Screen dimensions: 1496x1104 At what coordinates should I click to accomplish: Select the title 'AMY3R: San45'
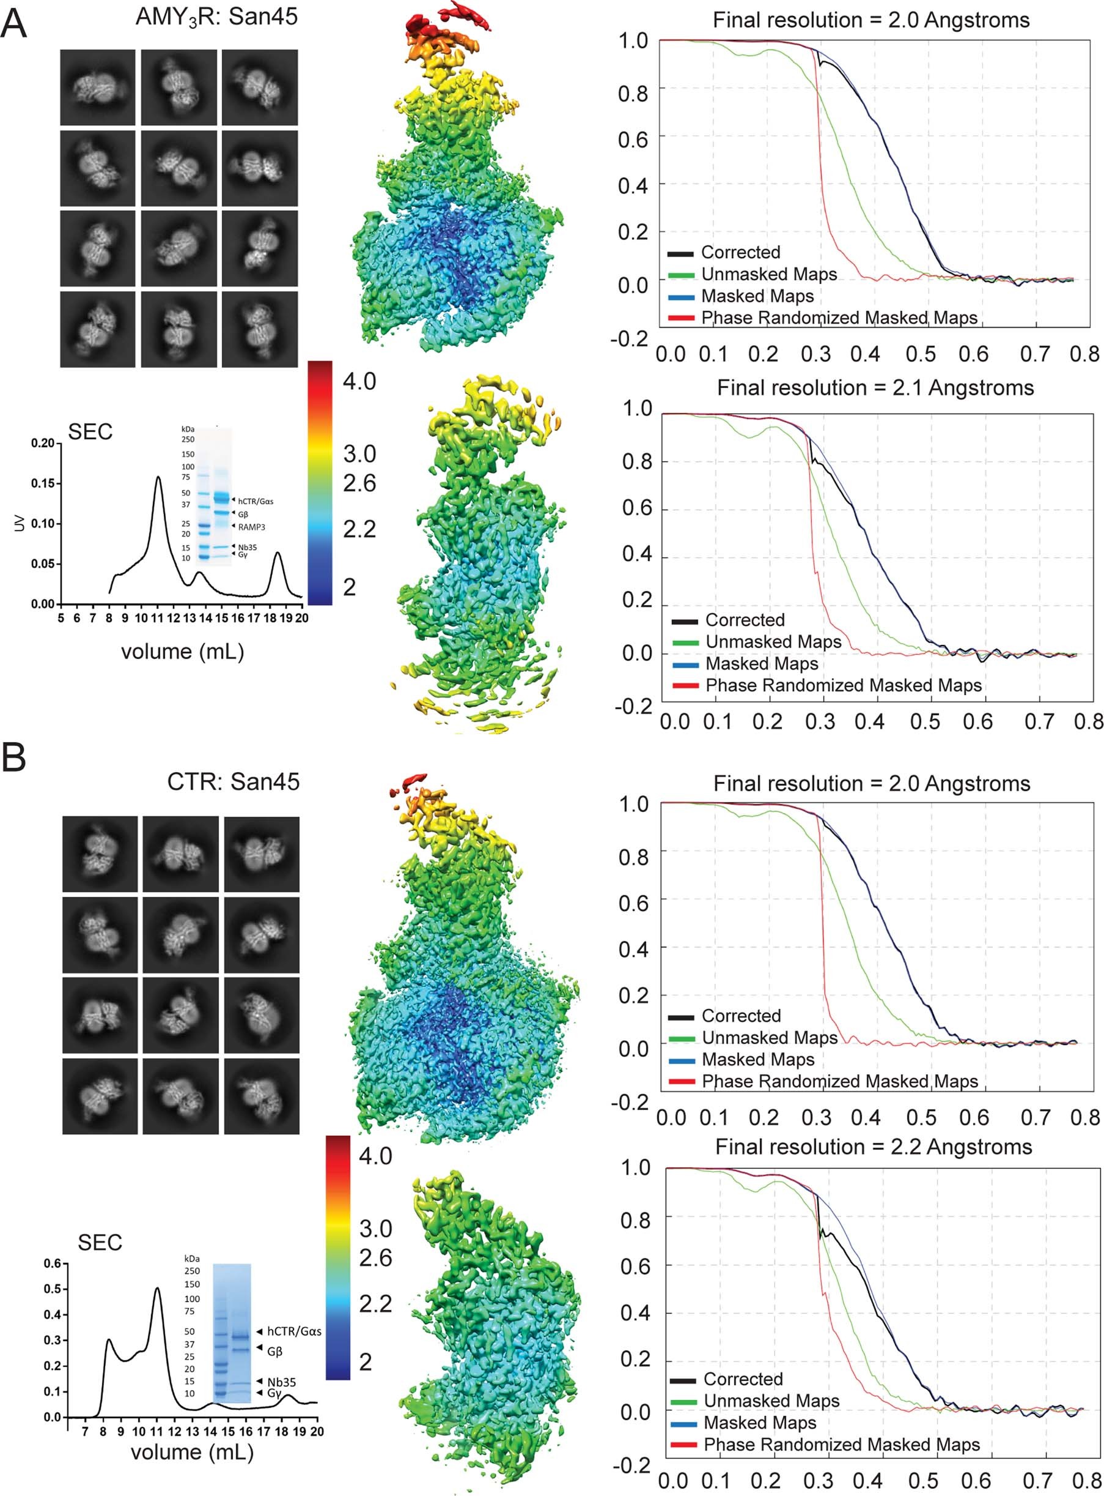pos(216,16)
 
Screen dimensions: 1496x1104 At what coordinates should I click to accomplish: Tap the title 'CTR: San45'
pos(234,781)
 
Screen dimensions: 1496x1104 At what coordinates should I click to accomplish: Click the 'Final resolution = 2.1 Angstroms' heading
pos(875,388)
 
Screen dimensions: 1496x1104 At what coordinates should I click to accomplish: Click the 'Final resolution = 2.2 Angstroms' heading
pos(874,1147)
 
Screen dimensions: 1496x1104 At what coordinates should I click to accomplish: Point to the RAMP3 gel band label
pos(251,527)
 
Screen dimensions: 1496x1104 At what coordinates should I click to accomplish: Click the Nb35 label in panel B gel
pos(281,1382)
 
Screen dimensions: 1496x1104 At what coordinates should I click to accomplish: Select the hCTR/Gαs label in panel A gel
pos(256,501)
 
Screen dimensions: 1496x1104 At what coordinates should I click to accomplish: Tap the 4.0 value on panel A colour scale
pos(359,382)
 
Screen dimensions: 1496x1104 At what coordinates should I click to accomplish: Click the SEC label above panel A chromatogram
pos(90,432)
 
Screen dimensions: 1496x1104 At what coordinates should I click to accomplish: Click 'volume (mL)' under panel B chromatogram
pos(192,1452)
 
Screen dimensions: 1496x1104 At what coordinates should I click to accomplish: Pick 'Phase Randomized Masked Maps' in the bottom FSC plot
pos(841,1444)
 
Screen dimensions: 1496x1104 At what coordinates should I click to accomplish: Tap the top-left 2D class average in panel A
pos(98,87)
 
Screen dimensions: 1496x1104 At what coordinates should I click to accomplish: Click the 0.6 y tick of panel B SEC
pos(53,1264)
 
